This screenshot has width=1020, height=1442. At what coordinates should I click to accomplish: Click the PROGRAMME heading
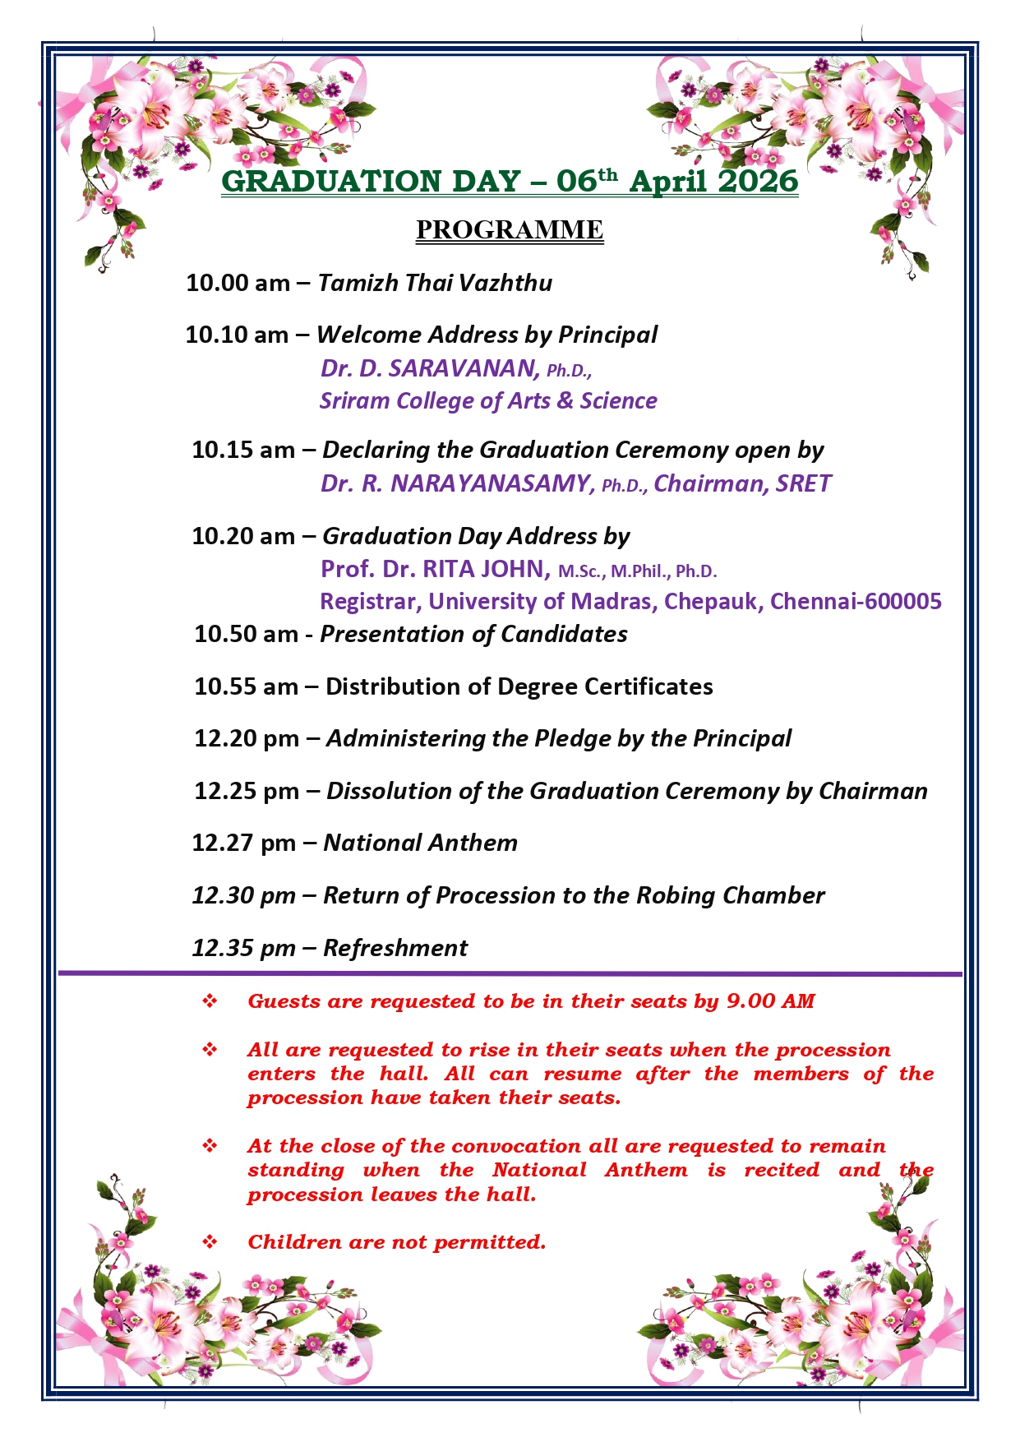pyautogui.click(x=509, y=229)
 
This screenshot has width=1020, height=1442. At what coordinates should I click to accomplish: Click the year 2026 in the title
pyautogui.click(x=756, y=181)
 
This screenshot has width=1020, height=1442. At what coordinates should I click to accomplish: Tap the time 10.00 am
pyautogui.click(x=238, y=283)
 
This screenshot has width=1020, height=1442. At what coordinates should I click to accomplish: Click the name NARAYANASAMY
pyautogui.click(x=492, y=483)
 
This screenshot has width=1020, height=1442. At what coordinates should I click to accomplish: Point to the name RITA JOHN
pyautogui.click(x=486, y=568)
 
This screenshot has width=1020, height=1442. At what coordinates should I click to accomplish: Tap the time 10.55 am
pyautogui.click(x=246, y=686)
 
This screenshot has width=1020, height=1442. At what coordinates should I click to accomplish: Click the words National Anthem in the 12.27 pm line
pyautogui.click(x=420, y=843)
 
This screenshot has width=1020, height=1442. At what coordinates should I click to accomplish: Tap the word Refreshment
pyautogui.click(x=395, y=948)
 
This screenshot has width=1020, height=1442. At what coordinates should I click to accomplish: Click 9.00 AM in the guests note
pyautogui.click(x=770, y=1001)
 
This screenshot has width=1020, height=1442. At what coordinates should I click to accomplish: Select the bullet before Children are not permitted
pyautogui.click(x=210, y=1241)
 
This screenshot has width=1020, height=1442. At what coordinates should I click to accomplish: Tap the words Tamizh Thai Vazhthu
pyautogui.click(x=435, y=283)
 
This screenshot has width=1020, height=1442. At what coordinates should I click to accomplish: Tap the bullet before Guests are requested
pyautogui.click(x=210, y=1001)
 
